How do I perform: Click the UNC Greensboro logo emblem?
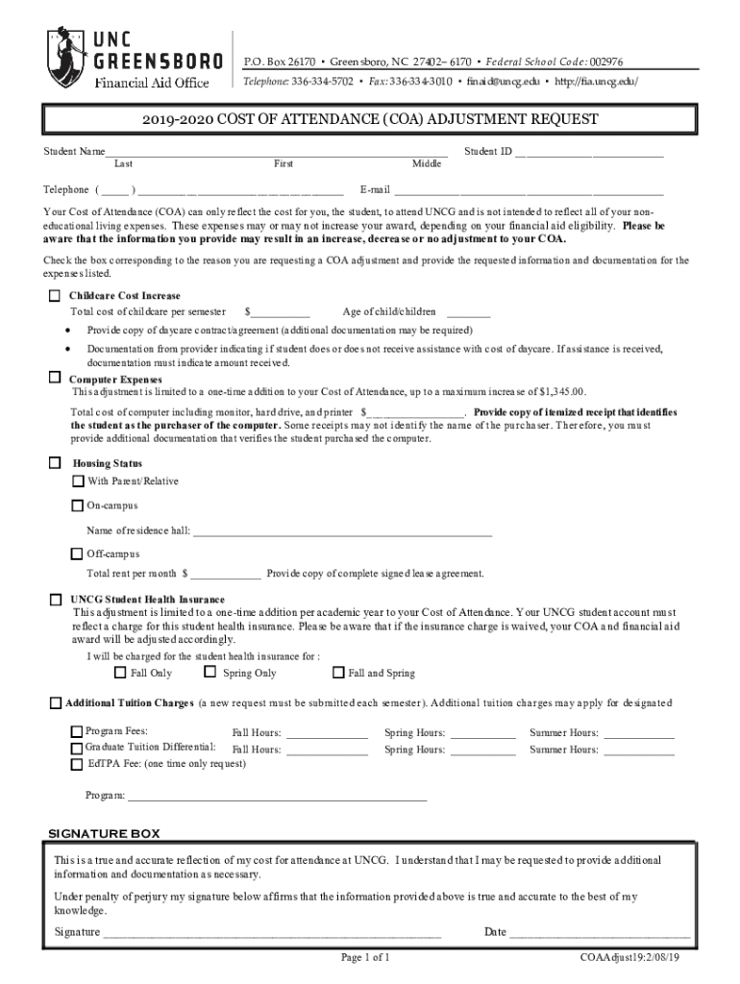(x=64, y=56)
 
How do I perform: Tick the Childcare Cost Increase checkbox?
(x=55, y=295)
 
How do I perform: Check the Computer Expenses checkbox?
(x=55, y=378)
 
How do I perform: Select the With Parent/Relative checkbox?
(x=78, y=480)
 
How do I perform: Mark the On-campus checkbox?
(x=77, y=504)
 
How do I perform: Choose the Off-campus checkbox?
(x=77, y=553)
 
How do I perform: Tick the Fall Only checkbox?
(x=120, y=673)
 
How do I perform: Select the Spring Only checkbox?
(x=210, y=673)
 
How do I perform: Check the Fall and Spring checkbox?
(x=337, y=673)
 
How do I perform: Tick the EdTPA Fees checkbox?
(x=77, y=764)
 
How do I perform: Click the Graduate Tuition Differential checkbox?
(x=77, y=749)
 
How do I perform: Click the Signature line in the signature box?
(x=272, y=932)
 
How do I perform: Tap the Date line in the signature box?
(x=600, y=932)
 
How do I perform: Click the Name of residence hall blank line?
(x=342, y=530)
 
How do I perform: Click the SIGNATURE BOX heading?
(x=104, y=833)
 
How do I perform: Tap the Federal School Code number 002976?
(x=605, y=61)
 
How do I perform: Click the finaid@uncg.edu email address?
(x=503, y=82)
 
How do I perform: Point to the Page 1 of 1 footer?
(x=365, y=958)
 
